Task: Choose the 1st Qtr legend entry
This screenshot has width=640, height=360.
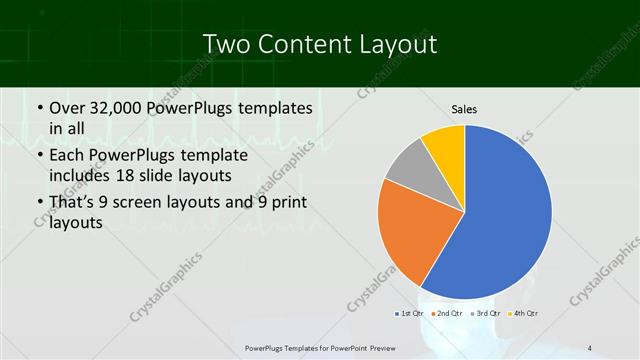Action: pyautogui.click(x=408, y=314)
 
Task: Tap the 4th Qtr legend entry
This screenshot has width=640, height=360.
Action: pyautogui.click(x=524, y=314)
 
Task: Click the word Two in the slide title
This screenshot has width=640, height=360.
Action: pyautogui.click(x=225, y=45)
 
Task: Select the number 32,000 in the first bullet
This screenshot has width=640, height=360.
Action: pyautogui.click(x=121, y=107)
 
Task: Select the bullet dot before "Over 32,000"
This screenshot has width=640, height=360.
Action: pyautogui.click(x=39, y=108)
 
